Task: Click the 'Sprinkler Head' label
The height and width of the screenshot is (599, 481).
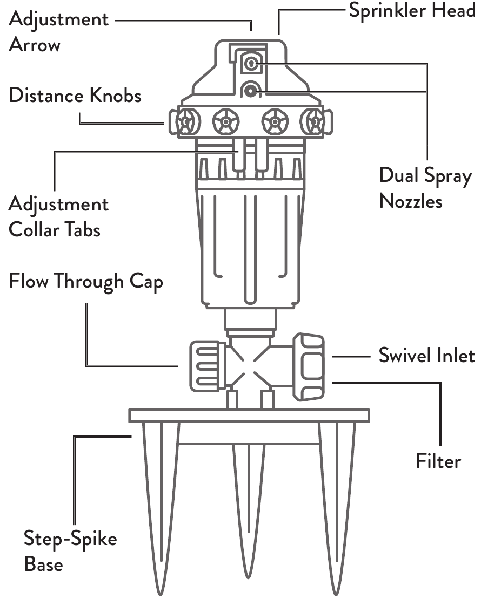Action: [411, 10]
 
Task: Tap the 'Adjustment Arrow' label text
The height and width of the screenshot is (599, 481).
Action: [58, 32]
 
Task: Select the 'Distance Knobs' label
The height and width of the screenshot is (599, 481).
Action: [75, 96]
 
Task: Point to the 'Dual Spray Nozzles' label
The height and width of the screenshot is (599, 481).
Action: [425, 188]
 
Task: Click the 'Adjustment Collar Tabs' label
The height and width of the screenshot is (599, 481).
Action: [58, 217]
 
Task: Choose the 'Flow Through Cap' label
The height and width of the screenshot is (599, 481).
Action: [85, 282]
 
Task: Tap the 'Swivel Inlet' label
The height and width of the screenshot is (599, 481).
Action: [426, 356]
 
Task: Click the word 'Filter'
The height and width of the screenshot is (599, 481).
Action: [438, 461]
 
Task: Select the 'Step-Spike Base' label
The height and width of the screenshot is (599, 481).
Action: [70, 551]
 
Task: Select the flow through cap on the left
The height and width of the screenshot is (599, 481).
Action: [206, 366]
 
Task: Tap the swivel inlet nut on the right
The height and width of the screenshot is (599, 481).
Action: [309, 367]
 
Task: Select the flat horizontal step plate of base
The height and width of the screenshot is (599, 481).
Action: [249, 415]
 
